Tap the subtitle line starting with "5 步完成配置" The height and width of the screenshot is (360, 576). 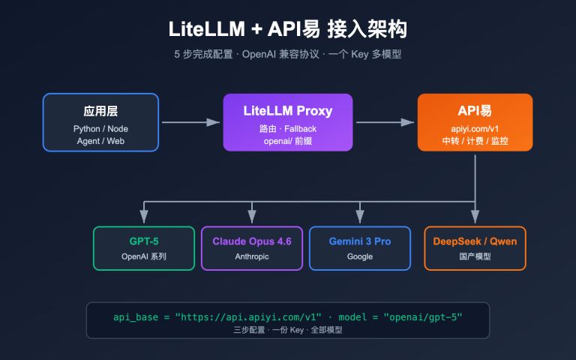point(288,55)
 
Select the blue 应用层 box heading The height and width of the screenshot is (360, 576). point(100,111)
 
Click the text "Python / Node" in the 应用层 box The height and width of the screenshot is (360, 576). point(100,128)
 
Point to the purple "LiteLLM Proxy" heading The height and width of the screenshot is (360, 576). point(288,111)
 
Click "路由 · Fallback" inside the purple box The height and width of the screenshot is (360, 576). point(288,128)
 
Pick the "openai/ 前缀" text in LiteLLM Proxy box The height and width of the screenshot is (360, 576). point(288,141)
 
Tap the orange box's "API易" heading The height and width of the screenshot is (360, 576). point(475,111)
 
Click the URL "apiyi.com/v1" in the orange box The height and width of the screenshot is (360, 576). point(475,128)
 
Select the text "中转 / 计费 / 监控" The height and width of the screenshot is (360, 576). point(475,141)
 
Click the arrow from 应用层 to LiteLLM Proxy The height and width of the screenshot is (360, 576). point(190,122)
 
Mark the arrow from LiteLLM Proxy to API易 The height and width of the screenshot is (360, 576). point(385,122)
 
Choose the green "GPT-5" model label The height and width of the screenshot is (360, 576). point(144,241)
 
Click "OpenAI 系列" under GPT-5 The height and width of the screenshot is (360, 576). point(144,256)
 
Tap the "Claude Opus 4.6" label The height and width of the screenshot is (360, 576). point(252,241)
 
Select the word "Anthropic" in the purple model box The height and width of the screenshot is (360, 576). point(252,256)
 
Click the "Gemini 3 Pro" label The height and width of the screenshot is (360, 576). point(360,241)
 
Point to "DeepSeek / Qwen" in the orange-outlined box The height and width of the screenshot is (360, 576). point(474,241)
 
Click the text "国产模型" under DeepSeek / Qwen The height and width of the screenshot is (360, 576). point(474,256)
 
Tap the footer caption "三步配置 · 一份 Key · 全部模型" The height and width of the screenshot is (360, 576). point(288,330)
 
